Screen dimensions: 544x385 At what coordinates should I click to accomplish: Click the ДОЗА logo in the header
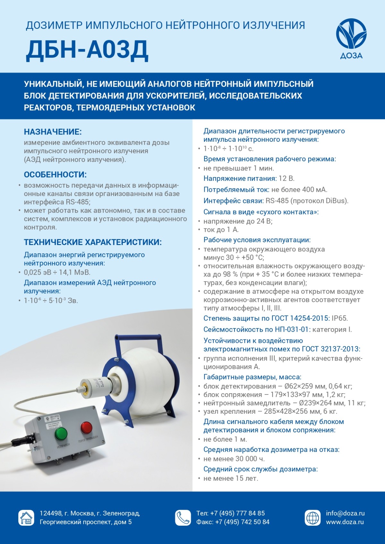click(x=351, y=38)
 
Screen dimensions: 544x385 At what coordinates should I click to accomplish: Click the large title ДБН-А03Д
click(x=87, y=50)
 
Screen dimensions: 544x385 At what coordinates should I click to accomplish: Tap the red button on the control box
click(x=86, y=428)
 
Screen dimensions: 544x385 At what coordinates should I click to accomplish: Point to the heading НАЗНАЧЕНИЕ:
click(x=53, y=132)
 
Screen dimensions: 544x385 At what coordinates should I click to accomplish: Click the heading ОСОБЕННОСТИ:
click(x=55, y=175)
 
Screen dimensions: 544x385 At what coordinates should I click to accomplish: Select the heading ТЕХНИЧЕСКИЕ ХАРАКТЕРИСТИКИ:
click(x=93, y=242)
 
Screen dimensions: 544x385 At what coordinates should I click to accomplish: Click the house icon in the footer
click(x=26, y=518)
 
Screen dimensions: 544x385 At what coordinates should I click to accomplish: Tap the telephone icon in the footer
click(x=183, y=518)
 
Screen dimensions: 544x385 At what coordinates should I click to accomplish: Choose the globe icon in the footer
click(x=312, y=518)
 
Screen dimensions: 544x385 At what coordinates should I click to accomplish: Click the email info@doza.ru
click(x=345, y=513)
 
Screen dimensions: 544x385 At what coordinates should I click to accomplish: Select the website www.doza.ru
click(x=345, y=522)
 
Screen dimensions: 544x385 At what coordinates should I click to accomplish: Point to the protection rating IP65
click(x=339, y=319)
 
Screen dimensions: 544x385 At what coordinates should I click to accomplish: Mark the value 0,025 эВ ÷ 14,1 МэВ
click(x=57, y=272)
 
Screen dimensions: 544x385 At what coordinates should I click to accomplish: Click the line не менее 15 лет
click(x=231, y=479)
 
